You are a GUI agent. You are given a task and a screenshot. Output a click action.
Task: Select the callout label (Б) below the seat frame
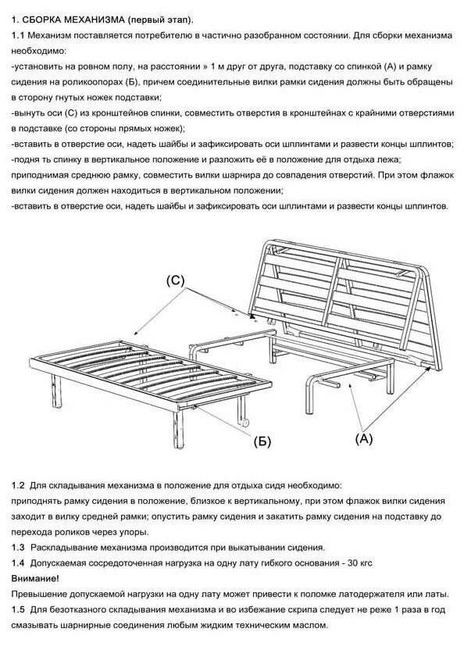pyautogui.click(x=262, y=441)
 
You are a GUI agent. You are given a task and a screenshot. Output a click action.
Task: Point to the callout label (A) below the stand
pyautogui.click(x=364, y=438)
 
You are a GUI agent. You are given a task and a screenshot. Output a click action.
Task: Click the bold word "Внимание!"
pyautogui.click(x=35, y=578)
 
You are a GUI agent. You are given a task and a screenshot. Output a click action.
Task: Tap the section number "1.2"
pyautogui.click(x=20, y=485)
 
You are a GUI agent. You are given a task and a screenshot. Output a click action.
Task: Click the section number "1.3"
pyautogui.click(x=20, y=548)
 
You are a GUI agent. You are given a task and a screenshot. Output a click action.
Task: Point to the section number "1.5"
pyautogui.click(x=20, y=609)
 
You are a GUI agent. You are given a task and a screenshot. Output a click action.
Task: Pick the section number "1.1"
pyautogui.click(x=19, y=36)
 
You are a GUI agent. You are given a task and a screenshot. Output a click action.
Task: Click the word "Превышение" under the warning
pyautogui.click(x=41, y=594)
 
